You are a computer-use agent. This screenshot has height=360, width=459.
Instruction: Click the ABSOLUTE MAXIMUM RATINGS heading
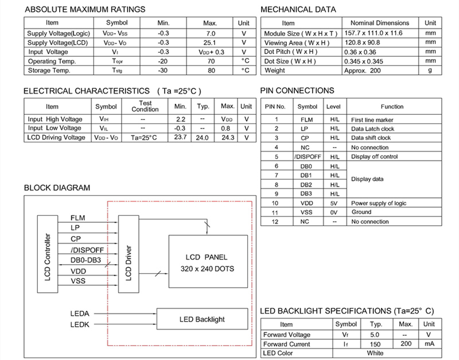click(x=84, y=9)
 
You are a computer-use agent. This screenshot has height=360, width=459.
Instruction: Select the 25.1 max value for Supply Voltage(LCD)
click(x=209, y=42)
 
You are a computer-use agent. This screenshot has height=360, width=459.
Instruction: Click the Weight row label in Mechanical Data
click(x=274, y=71)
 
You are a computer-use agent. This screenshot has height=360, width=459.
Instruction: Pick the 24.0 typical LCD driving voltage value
click(x=203, y=138)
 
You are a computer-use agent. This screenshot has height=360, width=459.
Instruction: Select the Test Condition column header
click(x=145, y=106)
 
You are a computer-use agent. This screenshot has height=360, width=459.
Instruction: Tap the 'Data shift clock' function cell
click(x=371, y=138)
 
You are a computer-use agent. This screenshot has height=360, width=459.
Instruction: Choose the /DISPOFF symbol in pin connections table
click(x=307, y=157)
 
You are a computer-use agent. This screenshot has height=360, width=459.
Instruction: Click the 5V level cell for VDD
click(x=334, y=203)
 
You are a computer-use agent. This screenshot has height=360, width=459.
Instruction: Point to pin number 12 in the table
click(x=277, y=222)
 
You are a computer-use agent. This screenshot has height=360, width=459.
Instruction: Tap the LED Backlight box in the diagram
click(x=203, y=319)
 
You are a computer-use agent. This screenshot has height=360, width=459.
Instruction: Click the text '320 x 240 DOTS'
click(x=207, y=268)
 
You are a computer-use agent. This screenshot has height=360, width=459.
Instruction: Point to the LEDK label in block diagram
click(x=80, y=324)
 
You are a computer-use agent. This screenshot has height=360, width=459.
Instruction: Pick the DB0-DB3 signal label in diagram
click(x=85, y=260)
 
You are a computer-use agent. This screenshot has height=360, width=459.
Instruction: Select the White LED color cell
click(x=376, y=353)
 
